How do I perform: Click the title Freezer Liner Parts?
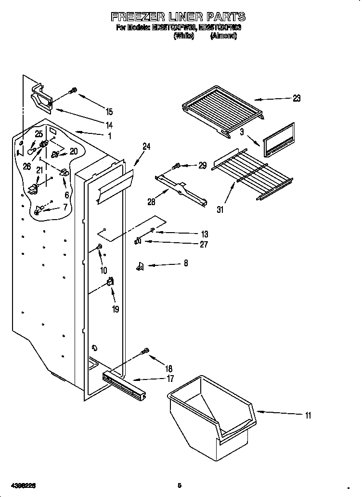(179, 17)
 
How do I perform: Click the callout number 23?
(296, 98)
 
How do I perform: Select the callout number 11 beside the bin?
(308, 415)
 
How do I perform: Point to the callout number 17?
(170, 379)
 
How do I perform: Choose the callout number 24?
(146, 147)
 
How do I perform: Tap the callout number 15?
(109, 112)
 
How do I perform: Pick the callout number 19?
(115, 310)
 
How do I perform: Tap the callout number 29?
(202, 165)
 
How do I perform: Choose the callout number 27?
(204, 245)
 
